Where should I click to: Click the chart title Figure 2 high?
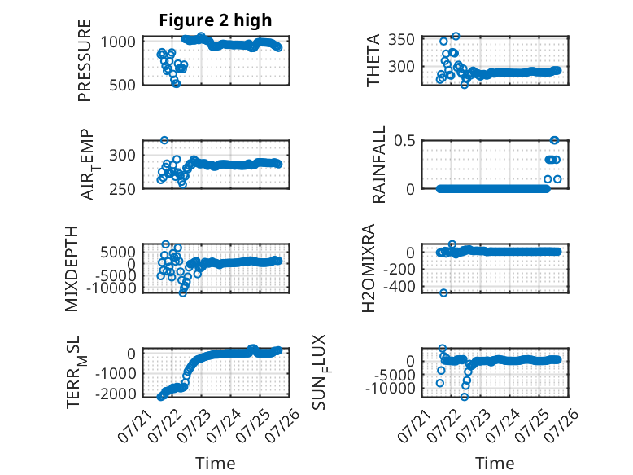(215, 20)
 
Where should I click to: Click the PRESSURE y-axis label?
(85, 60)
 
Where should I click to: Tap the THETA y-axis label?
(373, 60)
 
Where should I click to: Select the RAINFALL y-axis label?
(378, 165)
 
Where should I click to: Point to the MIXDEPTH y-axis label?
(71, 269)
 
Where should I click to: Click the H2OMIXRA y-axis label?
(369, 268)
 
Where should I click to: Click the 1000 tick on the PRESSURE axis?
(118, 42)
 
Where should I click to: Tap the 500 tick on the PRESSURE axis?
(122, 85)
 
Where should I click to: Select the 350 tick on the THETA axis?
(402, 40)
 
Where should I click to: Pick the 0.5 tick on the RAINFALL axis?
(405, 141)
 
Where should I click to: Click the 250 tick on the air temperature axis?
(122, 189)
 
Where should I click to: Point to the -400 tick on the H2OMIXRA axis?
(399, 287)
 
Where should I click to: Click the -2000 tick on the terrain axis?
(116, 394)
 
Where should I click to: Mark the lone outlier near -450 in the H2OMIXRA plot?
(443, 292)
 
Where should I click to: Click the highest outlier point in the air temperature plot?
(164, 140)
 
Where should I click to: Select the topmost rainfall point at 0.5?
(555, 140)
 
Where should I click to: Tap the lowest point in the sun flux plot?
(465, 397)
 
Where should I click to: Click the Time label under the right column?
(495, 463)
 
